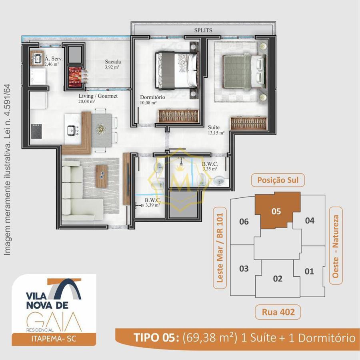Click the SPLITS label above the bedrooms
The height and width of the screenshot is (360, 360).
203,30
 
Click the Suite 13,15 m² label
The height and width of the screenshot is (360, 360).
216,130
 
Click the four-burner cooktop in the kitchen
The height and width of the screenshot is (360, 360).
36,131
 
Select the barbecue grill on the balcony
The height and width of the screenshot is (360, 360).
75,77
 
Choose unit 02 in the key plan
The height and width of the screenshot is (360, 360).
278,279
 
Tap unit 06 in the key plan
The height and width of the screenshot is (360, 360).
244,221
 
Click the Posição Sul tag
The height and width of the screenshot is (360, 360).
278,180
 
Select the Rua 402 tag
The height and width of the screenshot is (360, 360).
278,312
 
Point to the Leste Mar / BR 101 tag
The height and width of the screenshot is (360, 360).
220,247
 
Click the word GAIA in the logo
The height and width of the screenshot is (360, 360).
54,321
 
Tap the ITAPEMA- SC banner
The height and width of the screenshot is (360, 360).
54,338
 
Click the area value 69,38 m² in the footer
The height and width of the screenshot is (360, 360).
209,338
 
